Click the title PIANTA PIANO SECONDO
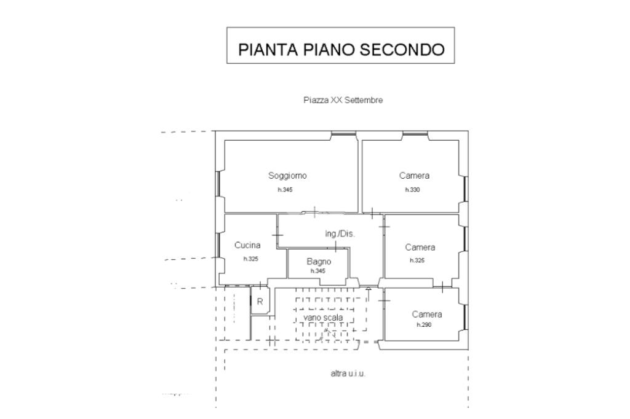point(341,49)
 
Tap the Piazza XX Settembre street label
point(343,100)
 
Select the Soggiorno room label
point(287,176)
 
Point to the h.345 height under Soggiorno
point(285,190)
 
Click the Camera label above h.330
point(414,176)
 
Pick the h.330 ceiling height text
point(412,190)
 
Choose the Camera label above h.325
point(420,248)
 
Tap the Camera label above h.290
point(426,315)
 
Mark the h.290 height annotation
point(424,324)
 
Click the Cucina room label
point(247,245)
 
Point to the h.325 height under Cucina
point(250,259)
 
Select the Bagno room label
point(319,262)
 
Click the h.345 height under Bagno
point(317,271)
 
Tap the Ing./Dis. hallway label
point(340,234)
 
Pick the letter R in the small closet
point(260,302)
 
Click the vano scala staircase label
point(323,318)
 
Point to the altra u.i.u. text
point(348,374)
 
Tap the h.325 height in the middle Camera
point(417,260)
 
